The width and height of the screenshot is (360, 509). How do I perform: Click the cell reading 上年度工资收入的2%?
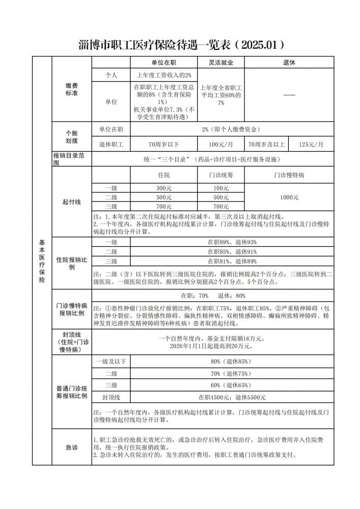(x=164, y=75)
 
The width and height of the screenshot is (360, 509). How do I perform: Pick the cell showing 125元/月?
(x=311, y=144)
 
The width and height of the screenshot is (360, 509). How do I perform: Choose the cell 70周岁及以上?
(x=267, y=144)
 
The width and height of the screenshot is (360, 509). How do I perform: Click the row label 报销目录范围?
(x=72, y=159)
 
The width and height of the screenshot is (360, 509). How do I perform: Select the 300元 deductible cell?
(x=164, y=188)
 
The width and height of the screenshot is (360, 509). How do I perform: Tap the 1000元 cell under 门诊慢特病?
(x=289, y=197)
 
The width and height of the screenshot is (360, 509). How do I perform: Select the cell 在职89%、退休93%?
(x=232, y=242)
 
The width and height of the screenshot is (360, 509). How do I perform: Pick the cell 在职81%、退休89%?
(x=232, y=261)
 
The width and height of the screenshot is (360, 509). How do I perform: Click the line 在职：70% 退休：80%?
(x=213, y=296)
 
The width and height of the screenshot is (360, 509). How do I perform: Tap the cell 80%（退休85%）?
(x=232, y=362)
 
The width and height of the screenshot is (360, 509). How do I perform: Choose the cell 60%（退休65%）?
(x=232, y=385)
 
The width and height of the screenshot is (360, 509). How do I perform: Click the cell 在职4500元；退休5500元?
(x=232, y=397)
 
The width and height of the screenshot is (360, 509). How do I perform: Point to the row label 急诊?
(x=72, y=447)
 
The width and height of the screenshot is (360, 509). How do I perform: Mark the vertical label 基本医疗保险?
(x=42, y=261)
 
